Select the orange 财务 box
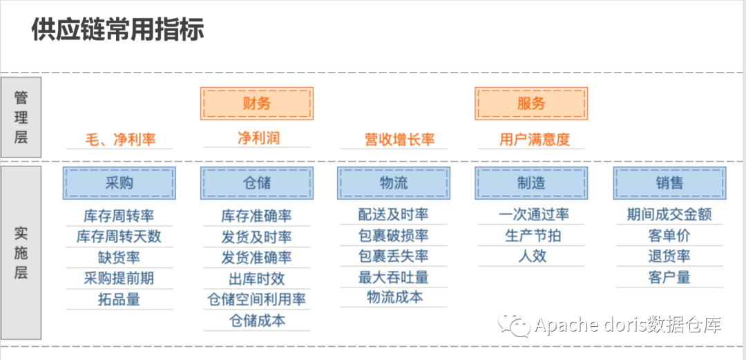coord(257,104)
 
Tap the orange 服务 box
coord(531,104)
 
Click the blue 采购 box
coord(119,183)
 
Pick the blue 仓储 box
coord(257,183)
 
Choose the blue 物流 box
coord(394,183)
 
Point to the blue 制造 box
coord(531,183)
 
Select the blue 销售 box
coord(669,183)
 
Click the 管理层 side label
coord(21,117)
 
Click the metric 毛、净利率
coord(120,140)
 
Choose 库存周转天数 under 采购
coord(119,236)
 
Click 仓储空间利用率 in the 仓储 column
coord(257,300)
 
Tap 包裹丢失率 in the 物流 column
coord(394,256)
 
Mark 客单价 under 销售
coord(669,236)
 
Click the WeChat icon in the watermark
coord(515,323)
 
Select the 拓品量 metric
coord(119,300)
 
